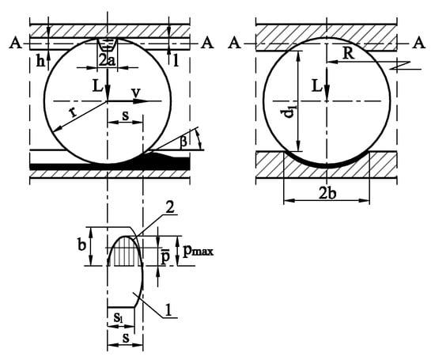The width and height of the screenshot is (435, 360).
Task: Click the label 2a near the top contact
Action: pos(107,59)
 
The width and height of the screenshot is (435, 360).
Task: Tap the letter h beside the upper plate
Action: pos(41,62)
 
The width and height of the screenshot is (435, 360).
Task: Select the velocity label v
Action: pos(136,93)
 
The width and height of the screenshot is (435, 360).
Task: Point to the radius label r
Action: pos(73,112)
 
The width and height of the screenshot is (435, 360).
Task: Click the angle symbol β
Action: pos(183,142)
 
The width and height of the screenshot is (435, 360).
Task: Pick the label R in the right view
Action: pos(349,53)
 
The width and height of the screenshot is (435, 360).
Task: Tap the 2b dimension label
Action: pos(327,193)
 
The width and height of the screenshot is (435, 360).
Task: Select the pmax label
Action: pos(199,251)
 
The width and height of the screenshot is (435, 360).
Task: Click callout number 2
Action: pos(169,207)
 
